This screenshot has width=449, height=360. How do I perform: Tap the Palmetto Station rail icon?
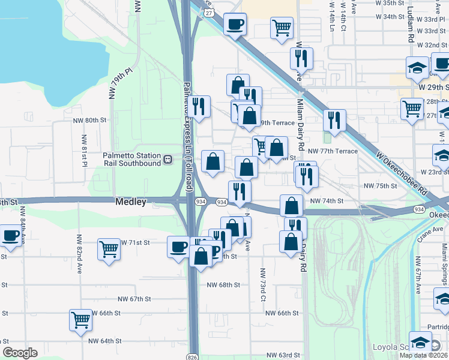[168, 160]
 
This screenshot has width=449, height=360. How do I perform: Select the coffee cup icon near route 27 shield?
[234, 25]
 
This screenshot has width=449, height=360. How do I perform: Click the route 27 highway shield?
[208, 12]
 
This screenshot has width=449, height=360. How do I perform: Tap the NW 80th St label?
[95, 120]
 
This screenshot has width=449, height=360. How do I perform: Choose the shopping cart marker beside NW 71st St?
[109, 248]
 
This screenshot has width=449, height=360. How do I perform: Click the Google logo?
[20, 353]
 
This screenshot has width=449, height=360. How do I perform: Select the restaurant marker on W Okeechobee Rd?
[334, 119]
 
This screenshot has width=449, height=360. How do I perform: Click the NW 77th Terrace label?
[334, 151]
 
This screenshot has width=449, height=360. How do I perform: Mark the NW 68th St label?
[223, 284]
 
